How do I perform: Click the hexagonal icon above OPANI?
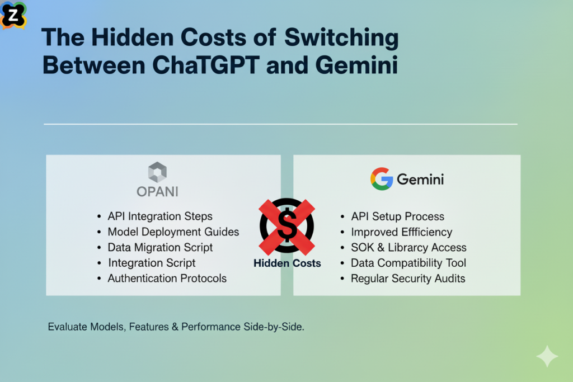(157, 172)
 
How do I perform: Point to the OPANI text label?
(157, 191)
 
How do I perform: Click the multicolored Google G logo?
(381, 179)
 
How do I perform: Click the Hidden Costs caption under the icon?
(287, 263)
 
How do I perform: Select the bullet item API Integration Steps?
(160, 216)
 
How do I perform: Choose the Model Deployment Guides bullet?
(173, 232)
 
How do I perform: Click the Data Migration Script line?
(160, 247)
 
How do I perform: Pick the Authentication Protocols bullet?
(167, 278)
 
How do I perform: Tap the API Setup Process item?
(397, 216)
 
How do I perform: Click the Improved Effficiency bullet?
(401, 232)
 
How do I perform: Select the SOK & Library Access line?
(408, 247)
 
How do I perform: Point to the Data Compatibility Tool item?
(408, 263)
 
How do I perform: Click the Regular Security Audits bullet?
(408, 278)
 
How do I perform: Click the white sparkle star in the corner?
(546, 356)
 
